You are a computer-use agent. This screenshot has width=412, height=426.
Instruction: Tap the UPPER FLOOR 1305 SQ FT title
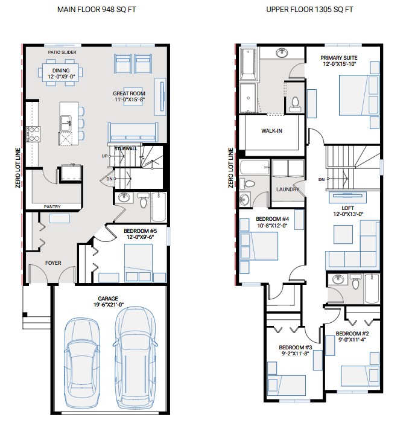pyautogui.click(x=309, y=10)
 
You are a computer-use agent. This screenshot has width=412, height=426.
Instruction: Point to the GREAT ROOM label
pyautogui.click(x=129, y=94)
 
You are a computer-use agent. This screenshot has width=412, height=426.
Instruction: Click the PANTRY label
pyautogui.click(x=52, y=206)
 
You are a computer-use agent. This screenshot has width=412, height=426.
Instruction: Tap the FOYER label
pyautogui.click(x=54, y=263)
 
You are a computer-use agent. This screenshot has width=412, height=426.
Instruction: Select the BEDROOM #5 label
pyautogui.click(x=140, y=231)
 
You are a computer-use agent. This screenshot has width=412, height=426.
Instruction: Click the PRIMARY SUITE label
pyautogui.click(x=339, y=58)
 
